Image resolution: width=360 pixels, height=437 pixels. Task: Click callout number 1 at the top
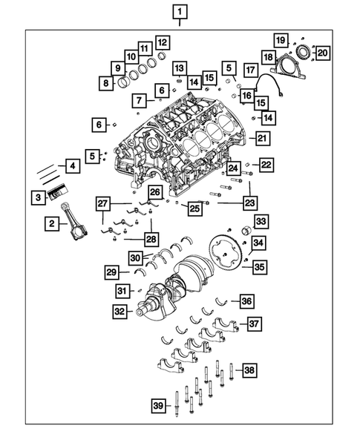180,11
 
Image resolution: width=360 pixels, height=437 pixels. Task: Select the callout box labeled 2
51,223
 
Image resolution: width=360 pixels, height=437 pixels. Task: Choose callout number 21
261,137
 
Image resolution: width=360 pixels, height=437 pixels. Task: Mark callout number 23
249,201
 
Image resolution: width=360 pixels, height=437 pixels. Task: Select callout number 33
261,221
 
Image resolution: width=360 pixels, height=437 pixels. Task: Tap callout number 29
110,272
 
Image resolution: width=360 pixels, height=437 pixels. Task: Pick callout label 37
255,323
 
